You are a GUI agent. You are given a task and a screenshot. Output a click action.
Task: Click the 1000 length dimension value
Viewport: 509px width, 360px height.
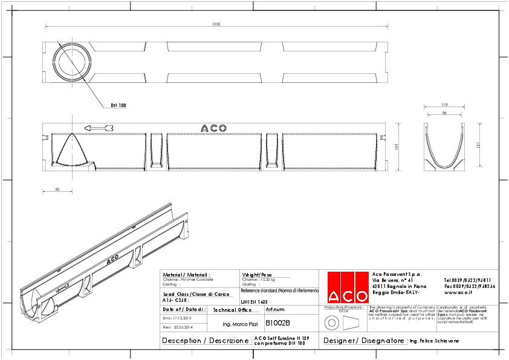coord(216,24)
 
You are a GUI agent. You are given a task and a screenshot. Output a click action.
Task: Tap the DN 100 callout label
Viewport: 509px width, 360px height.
coord(118,105)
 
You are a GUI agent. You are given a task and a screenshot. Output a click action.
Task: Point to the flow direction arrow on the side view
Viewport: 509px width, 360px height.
coord(99,128)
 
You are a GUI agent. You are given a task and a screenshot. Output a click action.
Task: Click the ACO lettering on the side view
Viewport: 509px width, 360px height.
coord(213,128)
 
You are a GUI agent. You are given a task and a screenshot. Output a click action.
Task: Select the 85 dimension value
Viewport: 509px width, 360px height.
coord(57,189)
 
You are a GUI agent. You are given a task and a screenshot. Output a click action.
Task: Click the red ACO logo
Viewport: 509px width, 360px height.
coord(348,287)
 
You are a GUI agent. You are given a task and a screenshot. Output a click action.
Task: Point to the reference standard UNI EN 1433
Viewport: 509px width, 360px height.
coord(254,300)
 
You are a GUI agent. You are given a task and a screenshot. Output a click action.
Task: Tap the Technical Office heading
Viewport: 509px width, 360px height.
coord(232,310)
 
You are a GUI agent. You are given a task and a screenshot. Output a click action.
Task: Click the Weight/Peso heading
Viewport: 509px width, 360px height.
coord(257,274)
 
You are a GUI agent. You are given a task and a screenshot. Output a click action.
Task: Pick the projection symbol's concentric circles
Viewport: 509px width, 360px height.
coord(329,321)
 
